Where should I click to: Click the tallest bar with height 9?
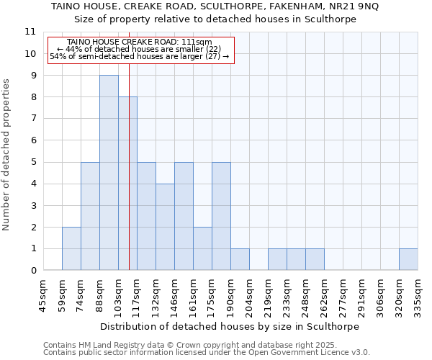pyautogui.click(x=109, y=173)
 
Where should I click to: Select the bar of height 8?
pyautogui.click(x=127, y=184)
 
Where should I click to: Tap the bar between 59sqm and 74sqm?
pyautogui.click(x=71, y=248)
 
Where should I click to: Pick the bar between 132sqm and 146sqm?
pyautogui.click(x=165, y=227)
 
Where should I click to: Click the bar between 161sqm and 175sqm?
pyautogui.click(x=202, y=248)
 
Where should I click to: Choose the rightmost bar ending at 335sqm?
pyautogui.click(x=408, y=259)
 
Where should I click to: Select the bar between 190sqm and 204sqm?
pyautogui.click(x=240, y=259)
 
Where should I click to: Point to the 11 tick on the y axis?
pyautogui.click(x=30, y=32)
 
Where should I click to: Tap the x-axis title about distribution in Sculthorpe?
pyautogui.click(x=229, y=326)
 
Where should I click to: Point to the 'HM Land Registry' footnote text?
pyautogui.click(x=109, y=345)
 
